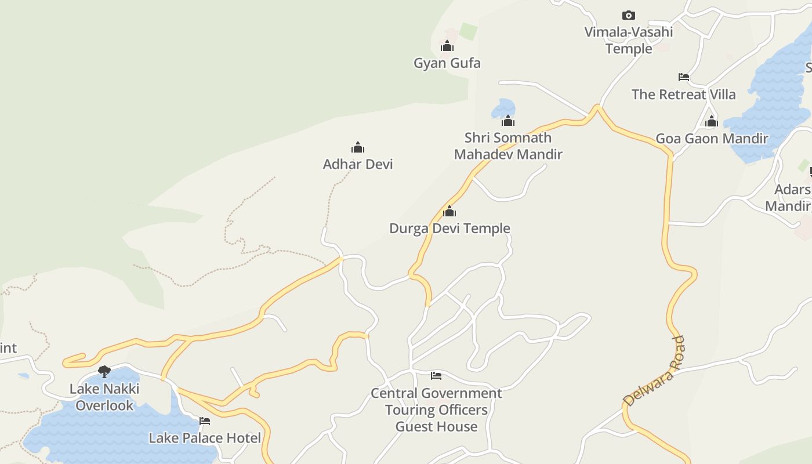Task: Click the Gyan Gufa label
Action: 447,63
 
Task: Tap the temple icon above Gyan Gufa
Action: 447,46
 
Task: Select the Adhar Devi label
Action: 358,164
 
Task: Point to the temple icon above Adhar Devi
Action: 358,147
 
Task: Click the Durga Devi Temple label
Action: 449,228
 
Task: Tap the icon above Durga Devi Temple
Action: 449,212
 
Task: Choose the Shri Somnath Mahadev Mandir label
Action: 508,146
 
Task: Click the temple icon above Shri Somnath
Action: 508,121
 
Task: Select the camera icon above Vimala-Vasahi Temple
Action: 628,15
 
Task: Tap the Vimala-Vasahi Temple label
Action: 629,40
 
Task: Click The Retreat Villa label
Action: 683,94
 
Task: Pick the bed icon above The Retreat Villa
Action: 684,77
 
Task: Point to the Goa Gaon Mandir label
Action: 712,139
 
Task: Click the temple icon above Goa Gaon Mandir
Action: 712,122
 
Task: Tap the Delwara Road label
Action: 654,371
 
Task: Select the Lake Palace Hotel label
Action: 205,438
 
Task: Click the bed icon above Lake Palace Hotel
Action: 205,421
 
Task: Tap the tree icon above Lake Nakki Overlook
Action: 104,371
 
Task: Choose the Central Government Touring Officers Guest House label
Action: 436,409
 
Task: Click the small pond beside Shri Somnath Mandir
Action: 502,107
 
